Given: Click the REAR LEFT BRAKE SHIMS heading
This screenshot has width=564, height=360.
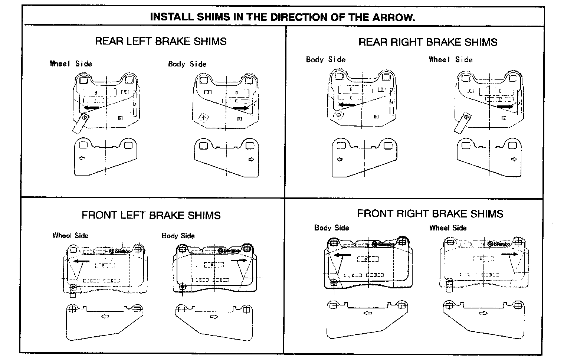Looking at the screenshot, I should pos(161,41).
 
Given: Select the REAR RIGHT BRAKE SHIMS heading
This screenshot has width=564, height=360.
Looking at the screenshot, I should pos(427,42).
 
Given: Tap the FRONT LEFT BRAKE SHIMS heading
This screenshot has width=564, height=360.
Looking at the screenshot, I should pos(151,215).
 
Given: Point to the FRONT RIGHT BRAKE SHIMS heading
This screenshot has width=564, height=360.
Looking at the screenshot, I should pos(430,214).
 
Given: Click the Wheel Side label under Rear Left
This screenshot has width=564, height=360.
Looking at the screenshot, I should pos(71,63).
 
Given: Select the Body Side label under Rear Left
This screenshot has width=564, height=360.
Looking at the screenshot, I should pos(187,64).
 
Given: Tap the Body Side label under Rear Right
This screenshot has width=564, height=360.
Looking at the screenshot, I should pos(325,59).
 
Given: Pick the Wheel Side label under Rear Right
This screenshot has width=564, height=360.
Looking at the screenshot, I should pos(450,59).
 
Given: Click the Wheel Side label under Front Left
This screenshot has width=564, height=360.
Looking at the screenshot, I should pos(70,235).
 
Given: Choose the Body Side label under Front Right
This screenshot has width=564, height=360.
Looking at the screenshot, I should pos(331,228).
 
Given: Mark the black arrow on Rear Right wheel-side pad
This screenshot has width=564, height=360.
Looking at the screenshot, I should pos(505,107).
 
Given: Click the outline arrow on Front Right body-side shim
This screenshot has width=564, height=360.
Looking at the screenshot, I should pos(368,313).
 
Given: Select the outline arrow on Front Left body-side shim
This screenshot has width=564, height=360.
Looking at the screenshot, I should pos(214,317).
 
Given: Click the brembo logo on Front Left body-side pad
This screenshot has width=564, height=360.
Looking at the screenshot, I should pos(229,251).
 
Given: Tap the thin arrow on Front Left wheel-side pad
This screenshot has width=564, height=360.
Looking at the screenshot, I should pos(82,261).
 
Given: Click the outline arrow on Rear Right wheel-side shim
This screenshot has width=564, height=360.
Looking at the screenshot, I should pos(514,159).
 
